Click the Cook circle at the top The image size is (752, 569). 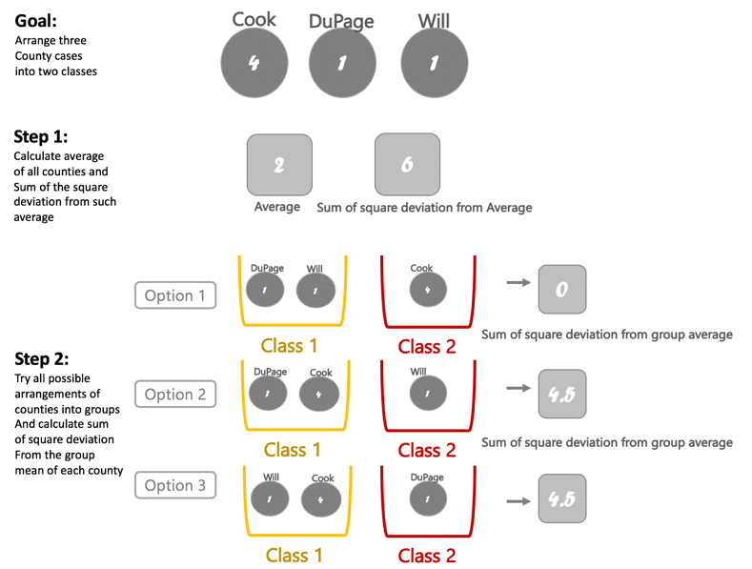[254, 63]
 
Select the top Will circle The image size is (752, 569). [434, 63]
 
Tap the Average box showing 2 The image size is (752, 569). [279, 165]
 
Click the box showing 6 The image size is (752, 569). [407, 165]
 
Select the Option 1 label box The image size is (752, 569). [175, 295]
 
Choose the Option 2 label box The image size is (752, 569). [175, 394]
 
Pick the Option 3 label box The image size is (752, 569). [175, 485]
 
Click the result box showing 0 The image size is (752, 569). [561, 290]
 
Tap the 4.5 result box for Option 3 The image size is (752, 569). [561, 497]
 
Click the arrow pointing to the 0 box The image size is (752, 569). [518, 282]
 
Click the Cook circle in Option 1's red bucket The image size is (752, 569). [427, 290]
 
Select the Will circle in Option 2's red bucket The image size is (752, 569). [427, 392]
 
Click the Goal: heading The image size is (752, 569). [35, 19]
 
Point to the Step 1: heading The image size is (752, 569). [41, 136]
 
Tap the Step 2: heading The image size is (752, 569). [41, 359]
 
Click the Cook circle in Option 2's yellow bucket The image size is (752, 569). [319, 393]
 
